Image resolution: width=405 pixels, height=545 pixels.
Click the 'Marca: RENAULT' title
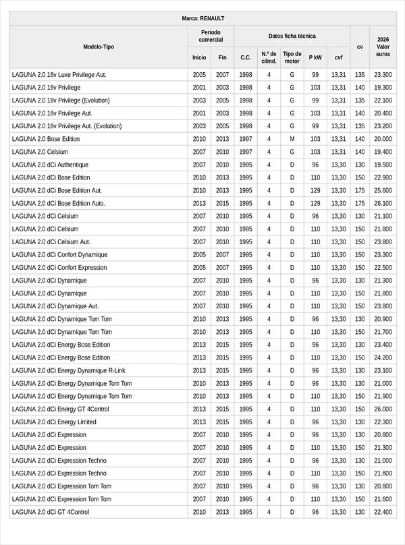[x=202, y=18]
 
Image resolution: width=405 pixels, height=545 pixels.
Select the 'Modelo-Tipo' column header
[x=99, y=47]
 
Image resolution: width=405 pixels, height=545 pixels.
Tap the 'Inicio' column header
[x=199, y=58]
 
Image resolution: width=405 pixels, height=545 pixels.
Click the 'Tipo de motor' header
[x=292, y=57]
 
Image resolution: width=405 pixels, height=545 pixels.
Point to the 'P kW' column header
[x=315, y=58]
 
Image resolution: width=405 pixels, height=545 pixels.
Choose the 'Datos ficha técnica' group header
[x=292, y=36]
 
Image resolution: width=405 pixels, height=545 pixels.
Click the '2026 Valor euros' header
[x=383, y=47]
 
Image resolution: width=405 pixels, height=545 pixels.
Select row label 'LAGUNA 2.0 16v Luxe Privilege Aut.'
[x=59, y=75]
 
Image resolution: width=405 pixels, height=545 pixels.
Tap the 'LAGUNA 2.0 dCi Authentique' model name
[x=50, y=165]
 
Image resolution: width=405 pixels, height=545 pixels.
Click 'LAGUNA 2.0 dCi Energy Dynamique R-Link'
[x=68, y=370]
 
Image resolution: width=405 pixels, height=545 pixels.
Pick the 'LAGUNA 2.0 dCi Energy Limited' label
[x=54, y=422]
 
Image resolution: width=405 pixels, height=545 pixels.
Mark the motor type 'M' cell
[x=292, y=139]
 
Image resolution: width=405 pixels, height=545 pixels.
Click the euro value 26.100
[x=383, y=203]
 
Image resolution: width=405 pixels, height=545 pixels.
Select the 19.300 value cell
[x=383, y=88]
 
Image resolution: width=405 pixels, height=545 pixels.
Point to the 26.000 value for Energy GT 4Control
[x=383, y=409]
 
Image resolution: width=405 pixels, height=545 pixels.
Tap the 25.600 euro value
[x=383, y=190]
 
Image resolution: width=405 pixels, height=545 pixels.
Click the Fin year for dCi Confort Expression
[x=222, y=268]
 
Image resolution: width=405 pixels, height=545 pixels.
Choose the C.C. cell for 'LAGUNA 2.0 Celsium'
[x=246, y=152]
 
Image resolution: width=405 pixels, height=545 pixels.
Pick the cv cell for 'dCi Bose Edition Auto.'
[x=360, y=203]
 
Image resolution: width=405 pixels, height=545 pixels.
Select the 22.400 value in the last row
[x=383, y=512]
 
